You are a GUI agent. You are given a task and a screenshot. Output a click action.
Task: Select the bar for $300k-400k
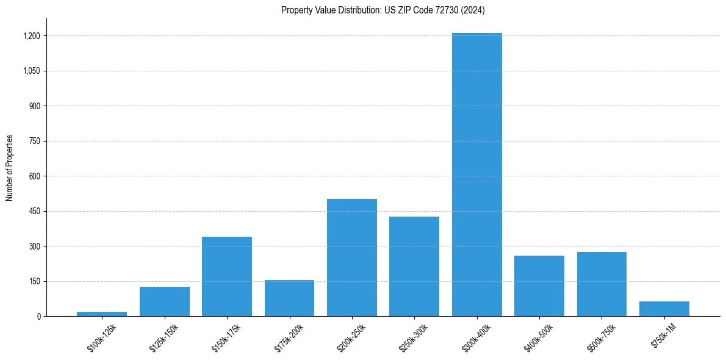(x=476, y=175)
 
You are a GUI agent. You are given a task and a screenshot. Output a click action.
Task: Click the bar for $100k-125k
(x=102, y=314)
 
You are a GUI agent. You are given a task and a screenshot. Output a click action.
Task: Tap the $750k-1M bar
(x=664, y=309)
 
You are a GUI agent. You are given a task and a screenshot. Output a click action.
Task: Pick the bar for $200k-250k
(x=351, y=257)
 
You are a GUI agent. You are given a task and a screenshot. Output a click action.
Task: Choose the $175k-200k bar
(x=289, y=298)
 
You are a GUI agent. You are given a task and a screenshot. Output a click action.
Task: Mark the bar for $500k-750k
(x=602, y=284)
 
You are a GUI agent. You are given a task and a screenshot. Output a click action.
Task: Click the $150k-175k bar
(x=227, y=276)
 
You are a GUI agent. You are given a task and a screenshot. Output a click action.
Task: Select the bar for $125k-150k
(x=164, y=301)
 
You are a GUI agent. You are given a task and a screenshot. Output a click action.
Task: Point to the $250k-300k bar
(x=414, y=266)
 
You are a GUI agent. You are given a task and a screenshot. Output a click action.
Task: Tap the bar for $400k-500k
(x=539, y=286)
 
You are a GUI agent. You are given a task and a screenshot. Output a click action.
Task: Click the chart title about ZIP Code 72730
(x=383, y=10)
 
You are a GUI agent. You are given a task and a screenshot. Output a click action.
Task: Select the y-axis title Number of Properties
(x=10, y=167)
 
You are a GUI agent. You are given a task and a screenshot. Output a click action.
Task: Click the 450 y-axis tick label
(x=34, y=211)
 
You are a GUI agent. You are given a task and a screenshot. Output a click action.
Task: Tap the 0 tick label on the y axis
(x=38, y=316)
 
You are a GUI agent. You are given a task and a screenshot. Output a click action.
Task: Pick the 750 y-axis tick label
(x=34, y=141)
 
